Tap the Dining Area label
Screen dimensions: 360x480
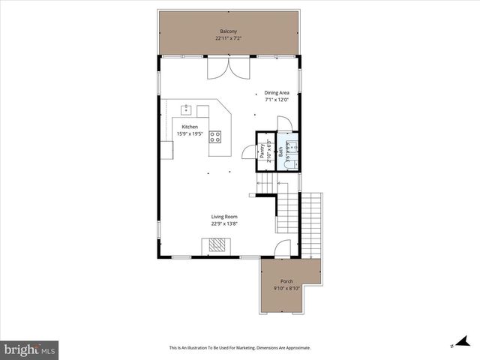[x=277, y=93]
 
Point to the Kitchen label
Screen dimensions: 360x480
[x=190, y=127]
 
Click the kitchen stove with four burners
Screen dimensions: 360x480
[x=215, y=136]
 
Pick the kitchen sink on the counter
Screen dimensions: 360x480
[x=186, y=109]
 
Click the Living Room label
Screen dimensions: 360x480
[x=224, y=217]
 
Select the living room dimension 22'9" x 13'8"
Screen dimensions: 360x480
[x=224, y=223]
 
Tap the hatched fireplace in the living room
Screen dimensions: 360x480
[x=216, y=244]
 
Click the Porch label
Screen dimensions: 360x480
[x=286, y=280]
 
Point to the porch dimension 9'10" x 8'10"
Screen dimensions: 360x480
[x=286, y=287]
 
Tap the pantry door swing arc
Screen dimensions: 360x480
[x=247, y=151]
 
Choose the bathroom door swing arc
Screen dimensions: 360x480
[x=284, y=123]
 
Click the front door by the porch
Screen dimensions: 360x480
[x=282, y=250]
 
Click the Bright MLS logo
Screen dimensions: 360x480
[x=30, y=349]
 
